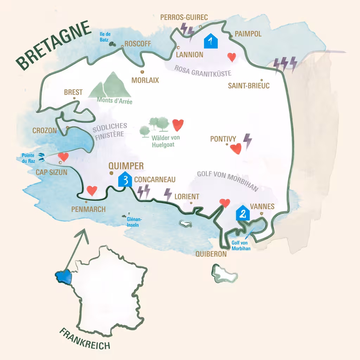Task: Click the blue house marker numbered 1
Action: (x=211, y=41)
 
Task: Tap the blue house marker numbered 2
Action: (x=243, y=213)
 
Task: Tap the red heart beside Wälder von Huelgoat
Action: (x=178, y=125)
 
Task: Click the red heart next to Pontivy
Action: (x=236, y=149)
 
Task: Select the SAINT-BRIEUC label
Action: (x=249, y=85)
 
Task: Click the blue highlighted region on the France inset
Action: (x=63, y=277)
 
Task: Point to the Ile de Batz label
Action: (x=105, y=37)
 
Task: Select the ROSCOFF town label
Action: (x=138, y=44)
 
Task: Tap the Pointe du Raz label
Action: (x=28, y=158)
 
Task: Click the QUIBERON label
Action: (x=211, y=254)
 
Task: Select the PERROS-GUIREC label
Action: (x=184, y=17)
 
